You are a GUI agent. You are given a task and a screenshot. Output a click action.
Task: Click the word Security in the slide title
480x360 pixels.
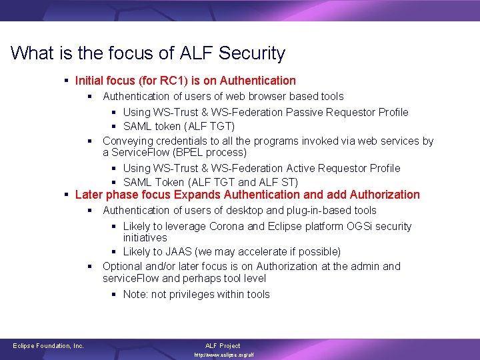coord(251,53)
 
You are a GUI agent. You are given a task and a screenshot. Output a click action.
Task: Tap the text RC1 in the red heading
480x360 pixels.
coord(174,81)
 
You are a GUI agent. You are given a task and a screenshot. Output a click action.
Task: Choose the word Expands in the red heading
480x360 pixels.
coord(197,195)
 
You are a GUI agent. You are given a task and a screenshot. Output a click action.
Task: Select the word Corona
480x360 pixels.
coord(227,226)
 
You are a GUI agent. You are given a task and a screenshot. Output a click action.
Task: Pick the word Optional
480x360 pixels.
coord(124,266)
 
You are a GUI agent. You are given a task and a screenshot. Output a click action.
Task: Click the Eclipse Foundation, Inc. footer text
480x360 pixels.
coord(49,346)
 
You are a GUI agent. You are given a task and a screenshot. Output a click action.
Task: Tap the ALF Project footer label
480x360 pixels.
coord(222,346)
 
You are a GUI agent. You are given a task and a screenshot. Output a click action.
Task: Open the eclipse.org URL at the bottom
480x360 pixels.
coord(224,355)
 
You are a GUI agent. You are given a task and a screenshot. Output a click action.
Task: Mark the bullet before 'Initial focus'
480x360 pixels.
coord(67,81)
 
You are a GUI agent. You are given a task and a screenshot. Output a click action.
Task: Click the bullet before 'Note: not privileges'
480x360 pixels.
coord(115,294)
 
